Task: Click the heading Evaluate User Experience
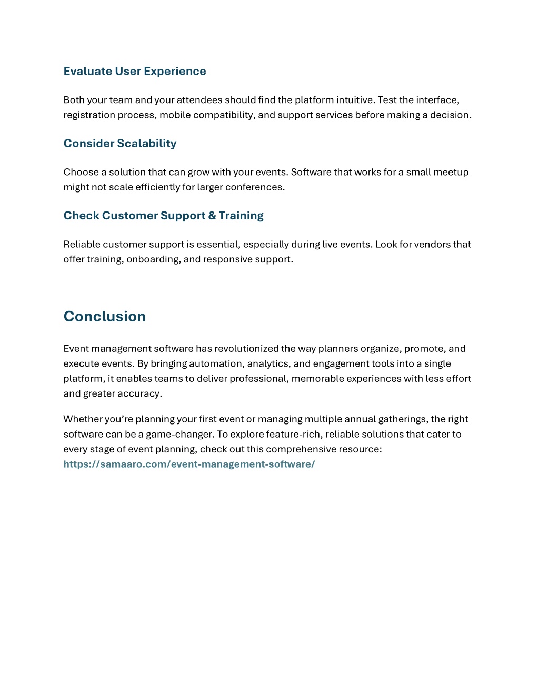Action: pos(134,72)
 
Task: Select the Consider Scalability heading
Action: pos(119,144)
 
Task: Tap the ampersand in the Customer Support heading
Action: pos(212,216)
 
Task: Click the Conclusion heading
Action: pos(104,317)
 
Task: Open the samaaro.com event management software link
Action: pos(189,464)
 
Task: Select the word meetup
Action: pos(451,172)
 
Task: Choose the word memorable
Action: pos(315,379)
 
